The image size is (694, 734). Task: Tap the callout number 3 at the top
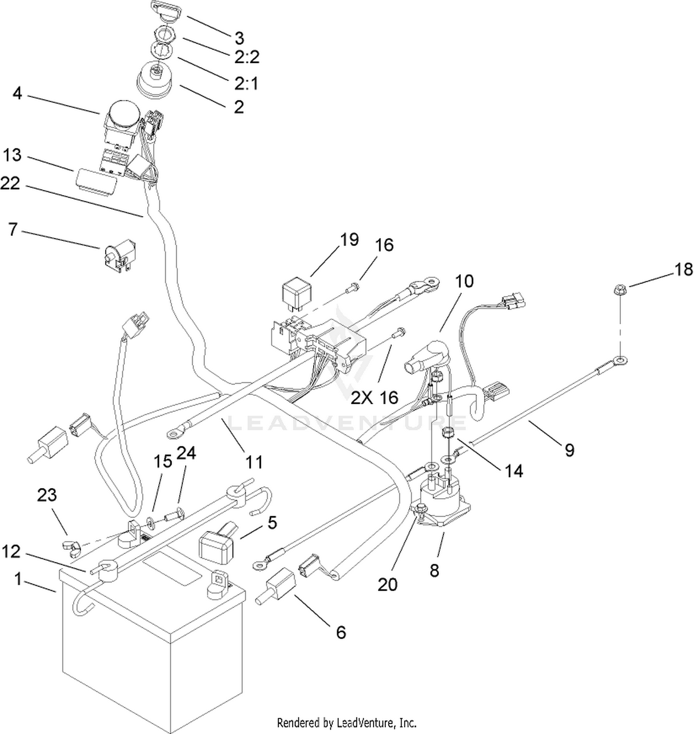(x=239, y=38)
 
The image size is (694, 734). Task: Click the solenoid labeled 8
(x=442, y=504)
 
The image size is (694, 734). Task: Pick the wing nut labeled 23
(x=70, y=546)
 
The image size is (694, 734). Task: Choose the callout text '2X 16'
(x=375, y=397)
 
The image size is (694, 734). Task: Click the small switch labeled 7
(x=119, y=254)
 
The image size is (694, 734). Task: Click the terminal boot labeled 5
(x=218, y=544)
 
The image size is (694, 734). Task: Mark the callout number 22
(x=10, y=184)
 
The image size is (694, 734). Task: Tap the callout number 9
(x=570, y=449)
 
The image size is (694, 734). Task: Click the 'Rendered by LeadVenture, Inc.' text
(x=347, y=722)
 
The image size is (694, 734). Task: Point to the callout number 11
(x=254, y=462)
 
